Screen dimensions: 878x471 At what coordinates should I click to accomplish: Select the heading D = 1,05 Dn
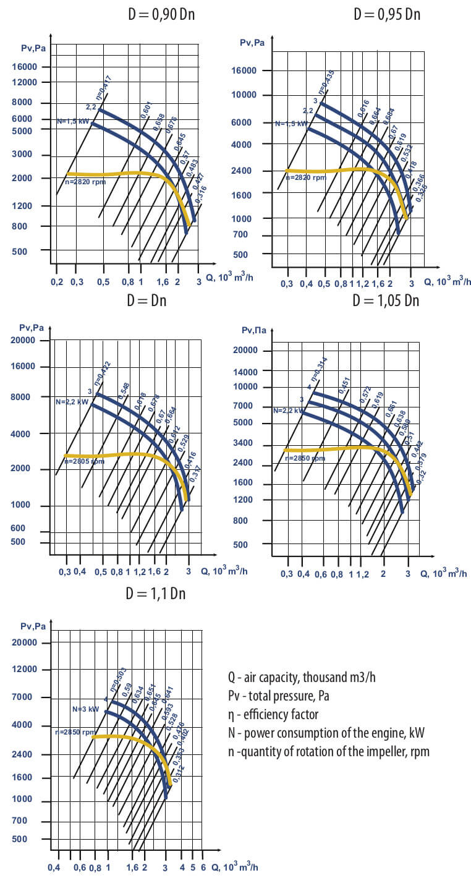pos(386,301)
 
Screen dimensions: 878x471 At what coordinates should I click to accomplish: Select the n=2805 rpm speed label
pos(84,461)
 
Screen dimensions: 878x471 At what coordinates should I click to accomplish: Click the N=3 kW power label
pos(85,709)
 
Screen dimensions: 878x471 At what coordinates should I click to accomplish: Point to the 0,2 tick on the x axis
pos(56,282)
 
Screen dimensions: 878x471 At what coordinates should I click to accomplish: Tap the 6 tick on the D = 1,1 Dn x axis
pos(203,867)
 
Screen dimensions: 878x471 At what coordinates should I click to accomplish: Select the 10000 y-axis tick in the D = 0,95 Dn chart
pos(247,95)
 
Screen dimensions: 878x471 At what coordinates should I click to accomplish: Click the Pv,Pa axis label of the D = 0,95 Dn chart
pos(252,43)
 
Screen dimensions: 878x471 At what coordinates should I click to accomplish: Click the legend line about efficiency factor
pos(273,715)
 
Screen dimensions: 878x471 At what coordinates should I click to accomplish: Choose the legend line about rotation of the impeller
pos(328,752)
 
